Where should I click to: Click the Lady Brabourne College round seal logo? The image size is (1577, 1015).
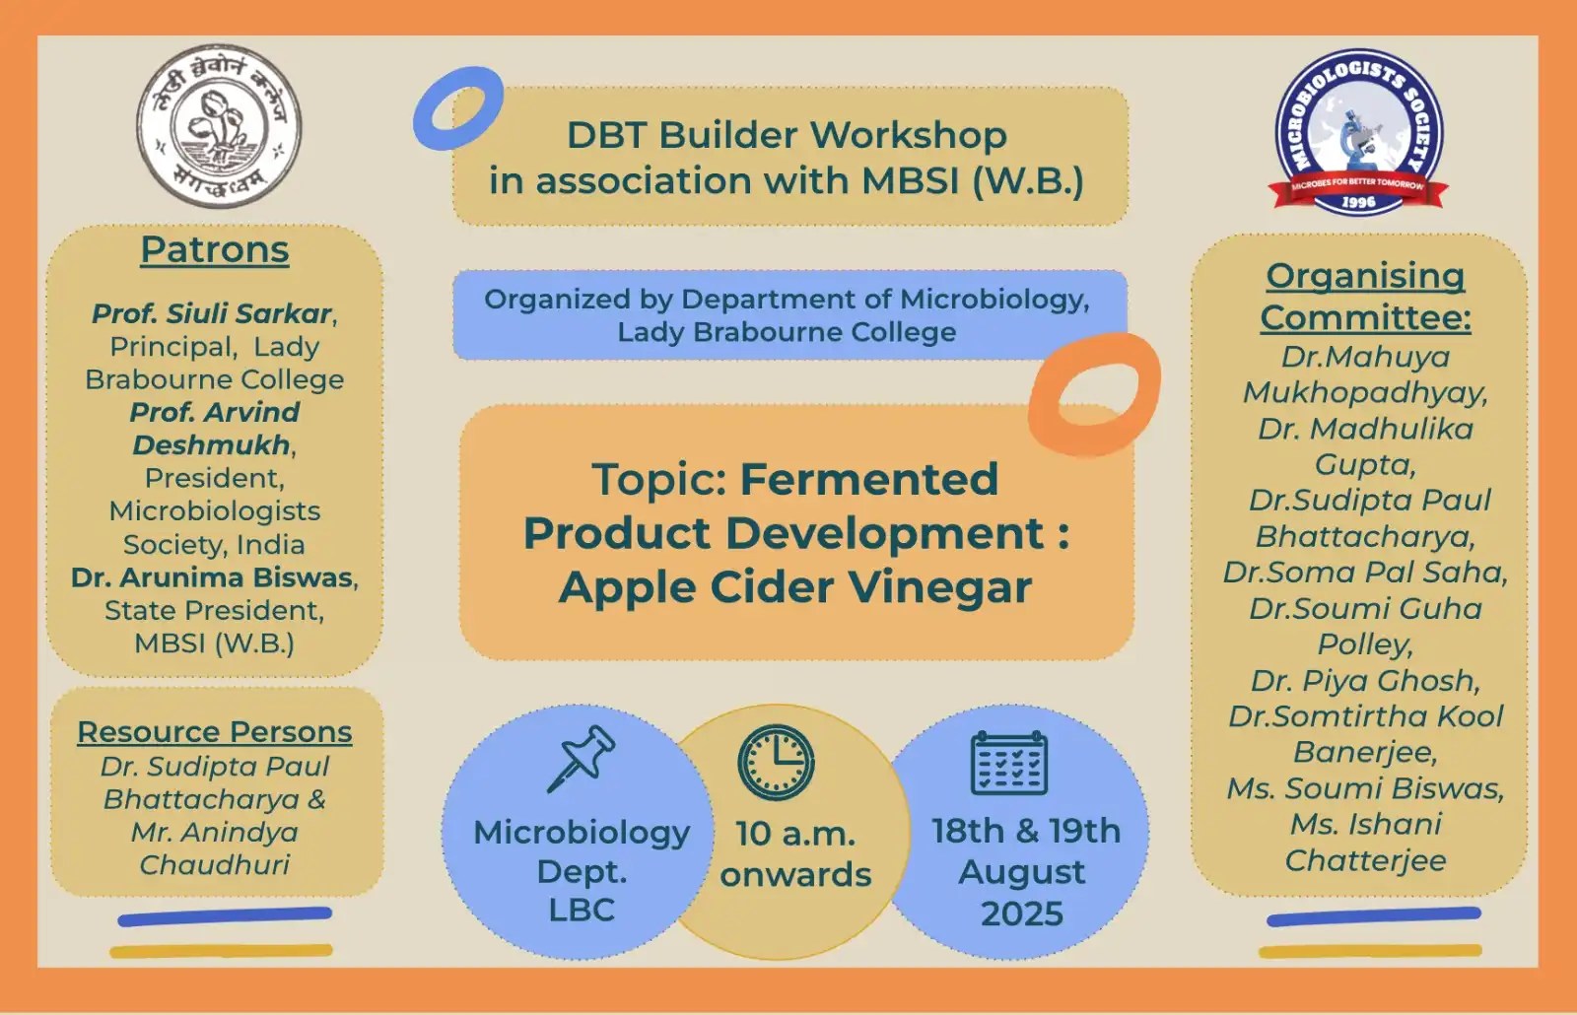(219, 126)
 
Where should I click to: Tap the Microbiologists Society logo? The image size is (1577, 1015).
(1359, 129)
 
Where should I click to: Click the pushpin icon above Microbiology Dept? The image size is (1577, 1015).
(582, 758)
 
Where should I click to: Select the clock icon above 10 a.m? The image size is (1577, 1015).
(777, 762)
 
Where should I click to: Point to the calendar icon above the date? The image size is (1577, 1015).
(1009, 763)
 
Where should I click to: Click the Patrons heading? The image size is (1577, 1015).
(215, 249)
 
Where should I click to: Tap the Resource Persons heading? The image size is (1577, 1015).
(215, 732)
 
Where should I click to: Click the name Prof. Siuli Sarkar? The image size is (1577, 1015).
(212, 313)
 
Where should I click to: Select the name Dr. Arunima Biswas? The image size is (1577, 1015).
(212, 577)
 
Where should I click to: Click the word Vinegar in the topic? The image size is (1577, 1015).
(940, 587)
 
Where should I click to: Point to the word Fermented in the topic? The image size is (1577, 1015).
(869, 480)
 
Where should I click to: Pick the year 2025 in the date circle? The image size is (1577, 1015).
(1022, 913)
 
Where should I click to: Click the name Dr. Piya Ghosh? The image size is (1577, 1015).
(1365, 681)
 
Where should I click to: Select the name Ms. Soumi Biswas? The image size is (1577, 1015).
(1365, 788)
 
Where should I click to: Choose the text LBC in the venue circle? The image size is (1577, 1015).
(582, 910)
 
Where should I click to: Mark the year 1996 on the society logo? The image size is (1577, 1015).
(1358, 202)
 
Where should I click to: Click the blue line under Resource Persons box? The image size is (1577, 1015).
(225, 916)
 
